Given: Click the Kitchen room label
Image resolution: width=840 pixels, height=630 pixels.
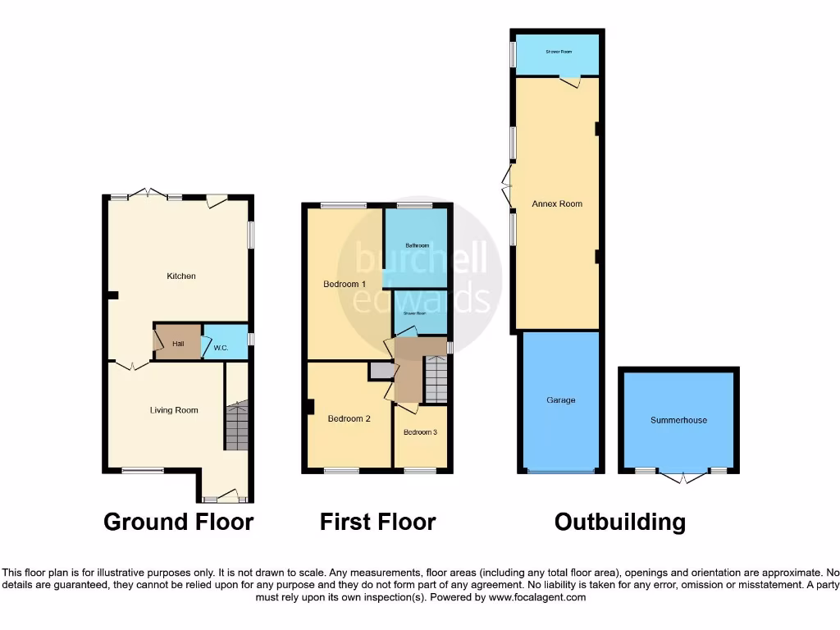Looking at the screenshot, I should [181, 276].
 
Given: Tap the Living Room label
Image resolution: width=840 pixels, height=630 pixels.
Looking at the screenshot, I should [174, 410].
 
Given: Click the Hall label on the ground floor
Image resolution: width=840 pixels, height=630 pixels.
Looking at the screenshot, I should [178, 344].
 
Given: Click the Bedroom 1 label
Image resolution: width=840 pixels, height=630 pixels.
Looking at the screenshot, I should [345, 284].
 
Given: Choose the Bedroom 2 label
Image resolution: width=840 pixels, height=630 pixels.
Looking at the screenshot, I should [349, 418].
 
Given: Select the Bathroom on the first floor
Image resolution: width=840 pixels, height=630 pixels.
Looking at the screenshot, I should [417, 245].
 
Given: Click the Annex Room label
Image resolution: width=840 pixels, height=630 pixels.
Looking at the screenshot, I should [558, 203].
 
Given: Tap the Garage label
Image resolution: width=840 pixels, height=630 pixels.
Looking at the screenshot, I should [561, 400].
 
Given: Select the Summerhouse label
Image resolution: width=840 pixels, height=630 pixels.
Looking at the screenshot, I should [678, 420].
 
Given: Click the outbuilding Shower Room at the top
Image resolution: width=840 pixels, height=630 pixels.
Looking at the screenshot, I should [559, 52].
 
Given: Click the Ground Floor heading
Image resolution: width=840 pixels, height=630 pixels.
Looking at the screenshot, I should [178, 522].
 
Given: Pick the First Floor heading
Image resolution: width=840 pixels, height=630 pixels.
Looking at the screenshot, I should [377, 522].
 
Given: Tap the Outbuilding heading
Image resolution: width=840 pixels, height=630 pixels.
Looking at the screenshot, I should [619, 522].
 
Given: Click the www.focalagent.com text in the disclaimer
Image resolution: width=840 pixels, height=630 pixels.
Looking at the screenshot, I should [537, 598].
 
